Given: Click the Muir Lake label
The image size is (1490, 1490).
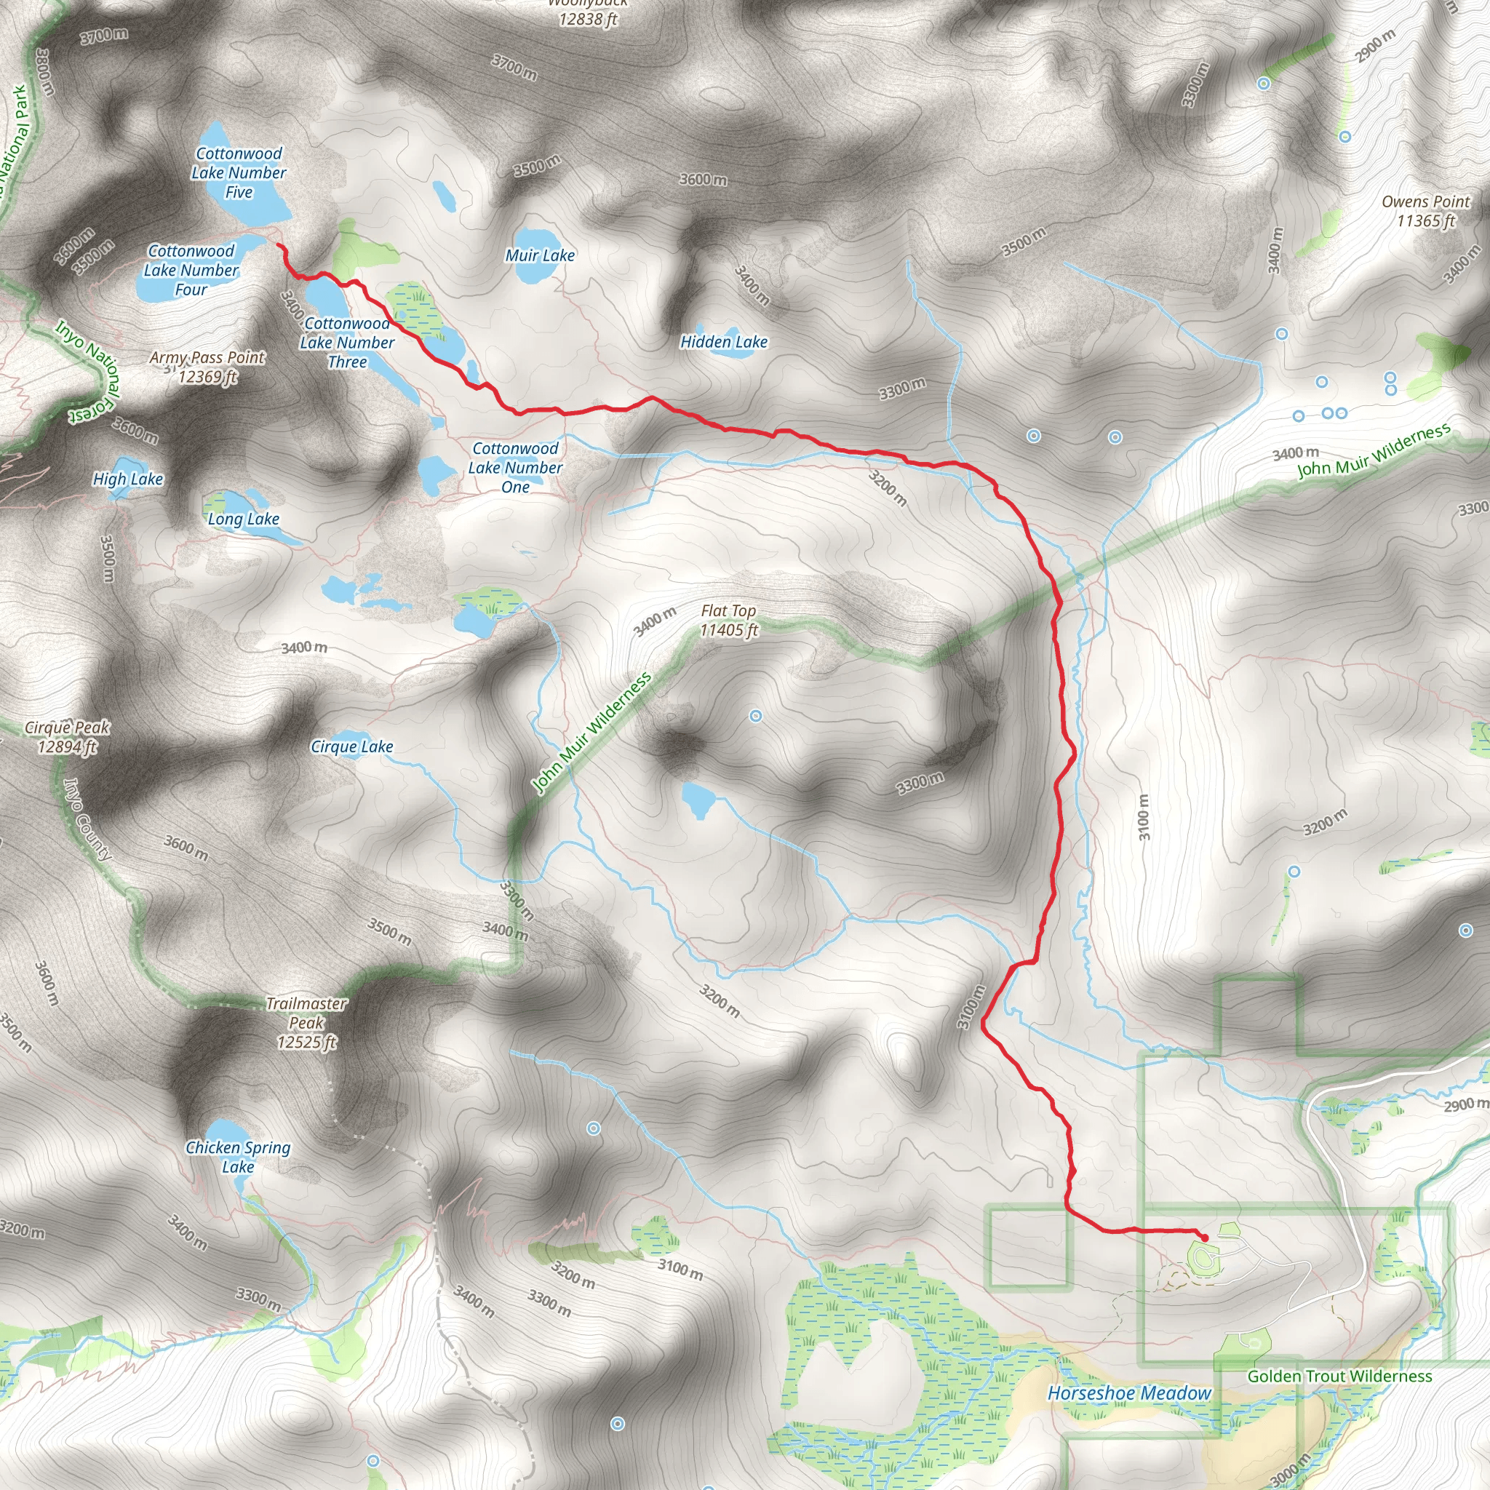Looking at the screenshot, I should (540, 256).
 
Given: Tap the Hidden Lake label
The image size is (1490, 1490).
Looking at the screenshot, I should (723, 343).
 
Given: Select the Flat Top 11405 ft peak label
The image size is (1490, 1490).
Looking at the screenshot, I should (729, 621).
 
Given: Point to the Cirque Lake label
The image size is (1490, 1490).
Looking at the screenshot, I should (351, 747).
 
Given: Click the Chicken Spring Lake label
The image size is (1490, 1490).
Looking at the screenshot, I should (239, 1158).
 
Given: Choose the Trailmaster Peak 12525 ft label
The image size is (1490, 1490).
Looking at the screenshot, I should (307, 1023).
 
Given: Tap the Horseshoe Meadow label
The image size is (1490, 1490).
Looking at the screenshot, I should (1129, 1393).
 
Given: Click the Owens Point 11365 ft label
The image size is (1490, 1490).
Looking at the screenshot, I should (1425, 211).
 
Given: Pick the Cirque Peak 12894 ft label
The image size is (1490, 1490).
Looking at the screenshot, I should (68, 737).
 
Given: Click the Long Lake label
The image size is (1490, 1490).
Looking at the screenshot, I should (244, 519).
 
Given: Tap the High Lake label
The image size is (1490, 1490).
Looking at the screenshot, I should (128, 479).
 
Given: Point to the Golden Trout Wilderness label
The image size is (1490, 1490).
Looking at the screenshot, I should (1339, 1377).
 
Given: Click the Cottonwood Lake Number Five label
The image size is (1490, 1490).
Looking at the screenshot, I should (239, 172).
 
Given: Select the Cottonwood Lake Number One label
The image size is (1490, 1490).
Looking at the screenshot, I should (516, 468).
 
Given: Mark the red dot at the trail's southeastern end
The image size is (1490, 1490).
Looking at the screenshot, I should (1204, 1238).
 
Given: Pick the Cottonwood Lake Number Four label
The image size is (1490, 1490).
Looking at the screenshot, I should (191, 271).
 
